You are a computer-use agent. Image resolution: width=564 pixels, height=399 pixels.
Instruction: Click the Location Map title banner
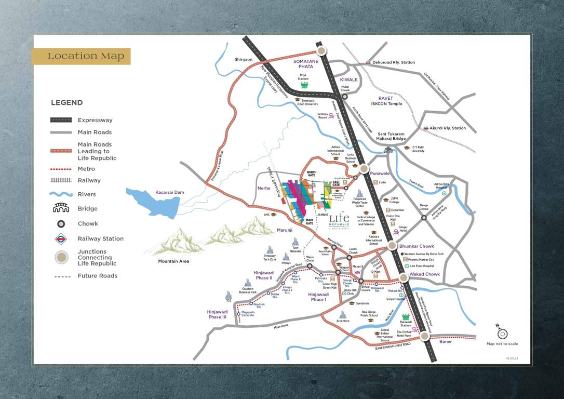click(81, 56)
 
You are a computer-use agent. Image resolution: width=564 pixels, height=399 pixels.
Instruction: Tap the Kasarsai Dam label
click(170, 192)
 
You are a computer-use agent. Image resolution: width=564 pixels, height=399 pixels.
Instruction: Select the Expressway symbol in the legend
click(61, 120)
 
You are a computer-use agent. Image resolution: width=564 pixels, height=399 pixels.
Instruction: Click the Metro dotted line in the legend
click(61, 169)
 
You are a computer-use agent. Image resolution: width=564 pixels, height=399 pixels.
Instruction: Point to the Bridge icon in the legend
click(61, 208)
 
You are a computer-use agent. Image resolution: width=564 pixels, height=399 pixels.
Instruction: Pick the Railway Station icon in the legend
click(61, 239)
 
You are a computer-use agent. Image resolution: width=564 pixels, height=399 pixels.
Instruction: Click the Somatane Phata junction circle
click(321, 50)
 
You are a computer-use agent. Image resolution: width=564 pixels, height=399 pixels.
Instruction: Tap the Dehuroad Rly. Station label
click(393, 62)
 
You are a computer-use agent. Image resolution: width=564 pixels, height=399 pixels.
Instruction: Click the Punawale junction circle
click(364, 168)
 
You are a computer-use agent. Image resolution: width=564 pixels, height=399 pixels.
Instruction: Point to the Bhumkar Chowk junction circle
click(392, 246)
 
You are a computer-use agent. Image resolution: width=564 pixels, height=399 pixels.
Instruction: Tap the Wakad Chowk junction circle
click(404, 277)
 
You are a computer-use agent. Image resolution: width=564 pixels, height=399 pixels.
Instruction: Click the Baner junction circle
click(425, 336)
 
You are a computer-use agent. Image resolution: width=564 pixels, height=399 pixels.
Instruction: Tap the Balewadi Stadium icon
click(406, 317)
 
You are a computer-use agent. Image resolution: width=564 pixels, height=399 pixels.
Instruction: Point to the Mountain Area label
click(173, 261)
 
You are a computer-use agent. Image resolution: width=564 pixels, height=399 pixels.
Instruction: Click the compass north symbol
click(502, 333)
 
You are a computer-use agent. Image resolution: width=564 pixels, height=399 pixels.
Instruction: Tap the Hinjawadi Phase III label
click(218, 314)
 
